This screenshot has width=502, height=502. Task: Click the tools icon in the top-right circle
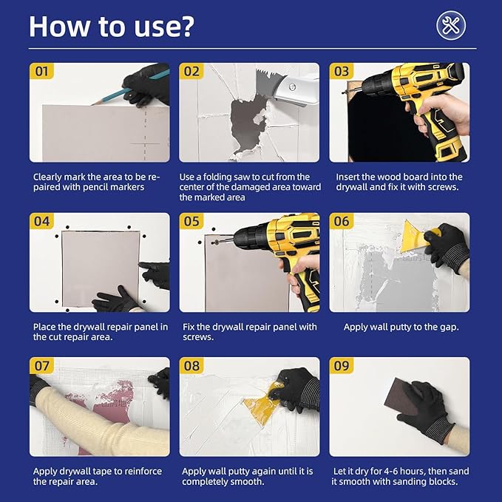pos(450,25)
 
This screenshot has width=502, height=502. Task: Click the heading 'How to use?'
pos(112,26)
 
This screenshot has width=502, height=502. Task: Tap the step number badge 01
pos(41,71)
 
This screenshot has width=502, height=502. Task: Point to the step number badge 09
pos(342,366)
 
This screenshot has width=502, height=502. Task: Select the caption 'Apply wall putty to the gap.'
pos(399,326)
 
